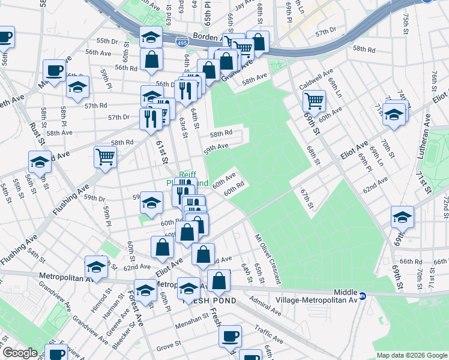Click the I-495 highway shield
181,43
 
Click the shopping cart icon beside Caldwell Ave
314,100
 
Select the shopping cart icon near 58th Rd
105,157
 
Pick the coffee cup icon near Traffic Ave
231,336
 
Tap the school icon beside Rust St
40,162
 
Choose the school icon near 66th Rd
402,217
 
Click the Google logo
20,353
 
